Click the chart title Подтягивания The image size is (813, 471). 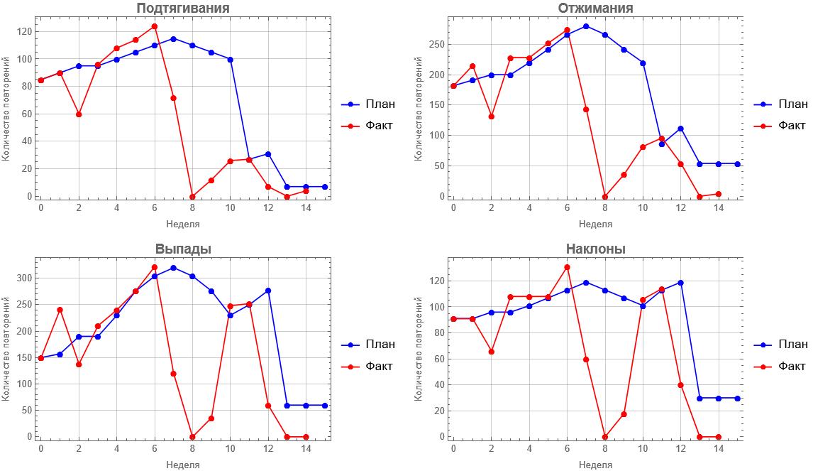(182, 9)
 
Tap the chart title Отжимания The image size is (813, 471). (595, 9)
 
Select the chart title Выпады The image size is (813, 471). (183, 249)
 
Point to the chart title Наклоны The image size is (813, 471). (595, 249)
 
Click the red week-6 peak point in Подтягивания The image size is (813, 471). (154, 26)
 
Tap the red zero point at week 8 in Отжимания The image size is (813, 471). (605, 197)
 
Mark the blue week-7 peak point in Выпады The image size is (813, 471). (173, 268)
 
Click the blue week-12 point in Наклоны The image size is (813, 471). (680, 283)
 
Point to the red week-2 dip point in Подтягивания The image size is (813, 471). (79, 114)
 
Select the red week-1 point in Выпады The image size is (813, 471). (60, 310)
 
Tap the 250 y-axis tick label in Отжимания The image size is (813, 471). (436, 44)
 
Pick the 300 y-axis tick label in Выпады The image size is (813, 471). (23, 278)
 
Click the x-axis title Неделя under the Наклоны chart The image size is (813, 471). (595, 465)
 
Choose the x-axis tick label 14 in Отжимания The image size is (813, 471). (719, 208)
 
